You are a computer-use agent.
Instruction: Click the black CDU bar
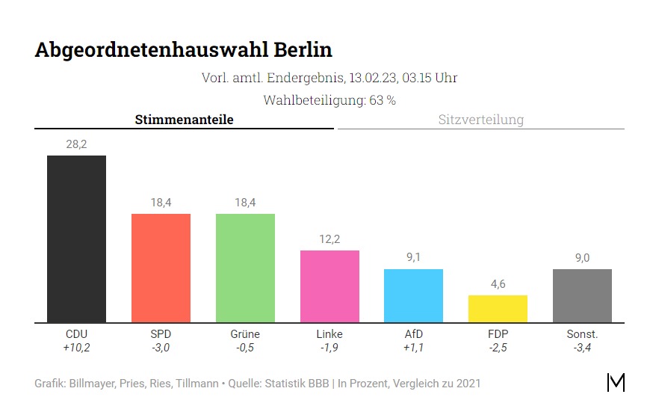[76, 239]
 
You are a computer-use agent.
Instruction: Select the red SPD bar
[161, 268]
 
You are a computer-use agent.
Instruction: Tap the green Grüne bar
[245, 268]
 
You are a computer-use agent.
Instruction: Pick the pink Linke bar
[329, 286]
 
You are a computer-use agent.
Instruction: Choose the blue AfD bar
[413, 295]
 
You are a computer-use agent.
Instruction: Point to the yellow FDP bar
[498, 309]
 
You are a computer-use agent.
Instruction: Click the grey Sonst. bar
[582, 295]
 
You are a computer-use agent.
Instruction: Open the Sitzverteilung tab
[480, 120]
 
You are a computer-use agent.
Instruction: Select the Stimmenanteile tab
[184, 120]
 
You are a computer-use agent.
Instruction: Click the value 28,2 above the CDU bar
[76, 144]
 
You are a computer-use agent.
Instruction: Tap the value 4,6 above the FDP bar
[498, 284]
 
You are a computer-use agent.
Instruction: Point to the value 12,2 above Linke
[329, 239]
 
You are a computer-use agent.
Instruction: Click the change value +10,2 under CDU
[76, 348]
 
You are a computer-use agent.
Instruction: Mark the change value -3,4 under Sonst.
[582, 348]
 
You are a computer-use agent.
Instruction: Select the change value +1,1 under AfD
[413, 348]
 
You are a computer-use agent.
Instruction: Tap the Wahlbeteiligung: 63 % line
[329, 100]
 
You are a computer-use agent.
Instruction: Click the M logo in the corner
[616, 382]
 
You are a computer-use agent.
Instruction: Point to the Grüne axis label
[245, 334]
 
